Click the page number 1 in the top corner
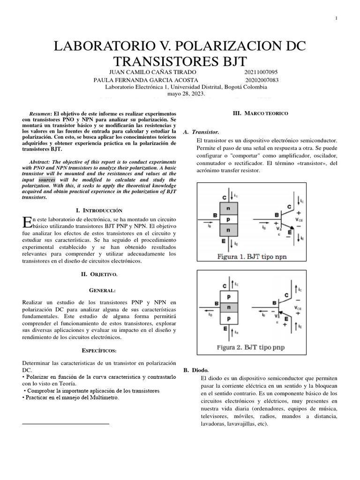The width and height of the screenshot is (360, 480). (337, 18)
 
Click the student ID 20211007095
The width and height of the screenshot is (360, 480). (261, 72)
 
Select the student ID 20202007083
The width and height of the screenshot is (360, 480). (262, 80)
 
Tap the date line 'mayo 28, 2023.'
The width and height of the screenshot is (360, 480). (180, 93)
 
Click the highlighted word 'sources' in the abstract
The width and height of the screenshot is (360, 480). (46, 180)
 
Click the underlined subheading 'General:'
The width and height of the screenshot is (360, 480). (99, 291)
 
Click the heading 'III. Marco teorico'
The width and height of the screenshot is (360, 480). (261, 113)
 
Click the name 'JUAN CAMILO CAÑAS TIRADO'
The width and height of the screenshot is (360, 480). (149, 72)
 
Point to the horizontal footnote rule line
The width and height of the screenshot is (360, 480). (66, 424)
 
